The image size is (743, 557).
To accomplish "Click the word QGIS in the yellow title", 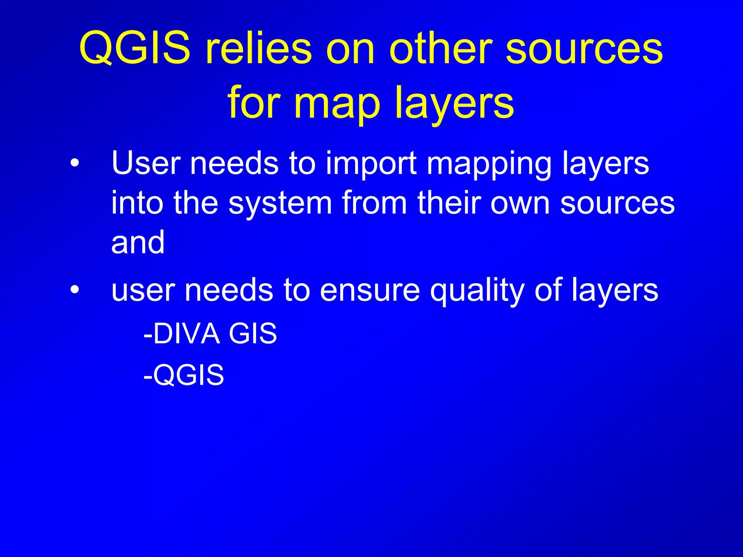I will click(x=135, y=48).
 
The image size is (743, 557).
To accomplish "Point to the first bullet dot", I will click(x=74, y=164).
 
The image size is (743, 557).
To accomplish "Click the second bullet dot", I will click(x=74, y=290).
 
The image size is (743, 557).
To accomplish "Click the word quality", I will click(x=477, y=292).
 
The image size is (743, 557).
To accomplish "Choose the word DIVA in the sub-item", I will click(x=186, y=333).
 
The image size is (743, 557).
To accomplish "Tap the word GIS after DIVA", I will click(x=253, y=333).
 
